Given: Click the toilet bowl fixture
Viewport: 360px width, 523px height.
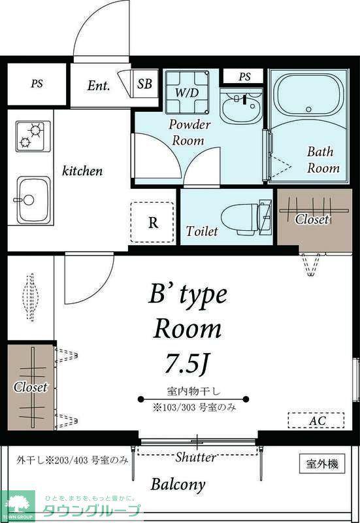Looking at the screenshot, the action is pyautogui.click(x=246, y=218).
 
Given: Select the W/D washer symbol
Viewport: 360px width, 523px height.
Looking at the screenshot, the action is pyautogui.click(x=187, y=92).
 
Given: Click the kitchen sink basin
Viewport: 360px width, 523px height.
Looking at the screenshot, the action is pyautogui.click(x=33, y=200).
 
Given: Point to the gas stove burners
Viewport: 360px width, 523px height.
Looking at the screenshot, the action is pyautogui.click(x=32, y=135).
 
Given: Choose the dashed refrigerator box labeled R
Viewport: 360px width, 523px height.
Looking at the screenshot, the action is pyautogui.click(x=152, y=222).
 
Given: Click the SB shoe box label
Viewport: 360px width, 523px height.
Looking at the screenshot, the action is pyautogui.click(x=144, y=84).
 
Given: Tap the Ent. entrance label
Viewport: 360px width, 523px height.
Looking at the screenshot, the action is pyautogui.click(x=99, y=86).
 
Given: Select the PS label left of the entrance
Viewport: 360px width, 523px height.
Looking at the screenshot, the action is pyautogui.click(x=37, y=84).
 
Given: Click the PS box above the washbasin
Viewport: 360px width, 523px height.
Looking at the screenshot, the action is pyautogui.click(x=244, y=76).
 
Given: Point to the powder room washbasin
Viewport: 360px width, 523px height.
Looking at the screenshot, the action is pyautogui.click(x=241, y=105).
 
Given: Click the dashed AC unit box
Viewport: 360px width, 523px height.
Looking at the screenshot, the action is pyautogui.click(x=316, y=420).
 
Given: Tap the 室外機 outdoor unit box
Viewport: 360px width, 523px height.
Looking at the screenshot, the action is pyautogui.click(x=322, y=464).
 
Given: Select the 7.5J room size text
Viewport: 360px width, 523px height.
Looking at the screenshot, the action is pyautogui.click(x=187, y=363).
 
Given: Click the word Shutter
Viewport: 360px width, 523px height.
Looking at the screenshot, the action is pyautogui.click(x=195, y=457).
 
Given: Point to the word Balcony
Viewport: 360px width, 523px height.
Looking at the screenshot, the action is pyautogui.click(x=178, y=484).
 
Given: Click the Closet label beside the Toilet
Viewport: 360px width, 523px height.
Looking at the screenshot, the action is pyautogui.click(x=312, y=219).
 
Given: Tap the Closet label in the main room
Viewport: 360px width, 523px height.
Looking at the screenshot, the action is pyautogui.click(x=30, y=387).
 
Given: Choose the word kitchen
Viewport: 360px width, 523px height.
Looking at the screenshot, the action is pyautogui.click(x=82, y=171).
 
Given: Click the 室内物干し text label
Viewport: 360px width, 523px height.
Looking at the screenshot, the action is pyautogui.click(x=193, y=390).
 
